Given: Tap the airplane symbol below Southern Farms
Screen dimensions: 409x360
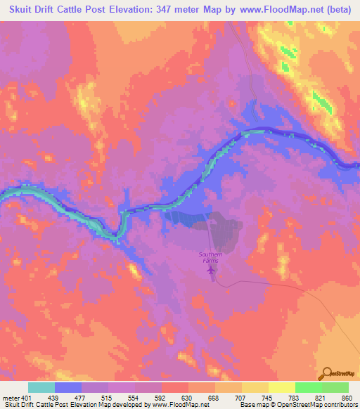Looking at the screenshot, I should pyautogui.click(x=213, y=272).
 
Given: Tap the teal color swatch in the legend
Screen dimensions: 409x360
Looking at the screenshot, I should pyautogui.click(x=41, y=387).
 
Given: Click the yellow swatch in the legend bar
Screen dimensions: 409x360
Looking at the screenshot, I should pyautogui.click(x=281, y=387).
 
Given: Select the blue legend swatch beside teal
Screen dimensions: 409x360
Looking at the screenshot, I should pyautogui.click(x=68, y=387).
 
